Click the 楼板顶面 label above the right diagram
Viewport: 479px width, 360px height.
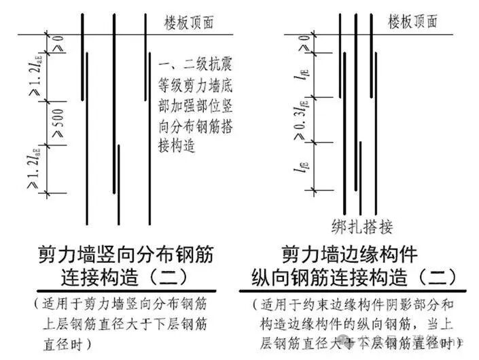tap(413, 22)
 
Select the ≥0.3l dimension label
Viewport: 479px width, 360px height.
tap(300, 119)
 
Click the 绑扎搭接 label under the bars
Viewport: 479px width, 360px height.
tap(363, 226)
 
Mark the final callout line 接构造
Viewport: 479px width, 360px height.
tap(176, 145)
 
